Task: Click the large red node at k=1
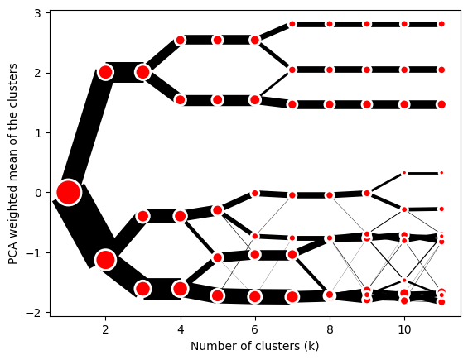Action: point(69,192)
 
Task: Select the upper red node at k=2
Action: point(105,72)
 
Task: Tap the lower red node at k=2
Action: point(105,260)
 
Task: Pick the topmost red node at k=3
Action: point(142,72)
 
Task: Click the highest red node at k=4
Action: point(181,40)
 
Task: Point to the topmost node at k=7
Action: point(292,24)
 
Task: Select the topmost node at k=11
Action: point(441,24)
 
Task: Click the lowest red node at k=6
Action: point(255,296)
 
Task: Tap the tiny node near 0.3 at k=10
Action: point(404,173)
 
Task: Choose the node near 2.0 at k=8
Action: point(330,70)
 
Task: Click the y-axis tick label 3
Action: point(37,13)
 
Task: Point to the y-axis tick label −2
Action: point(33,313)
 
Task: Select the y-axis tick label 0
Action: point(38,193)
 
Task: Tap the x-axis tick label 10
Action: point(404,329)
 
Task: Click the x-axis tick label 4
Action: point(181,329)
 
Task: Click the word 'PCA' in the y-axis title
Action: point(12,255)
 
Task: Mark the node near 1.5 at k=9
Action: point(367,104)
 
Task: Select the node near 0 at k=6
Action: point(255,194)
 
